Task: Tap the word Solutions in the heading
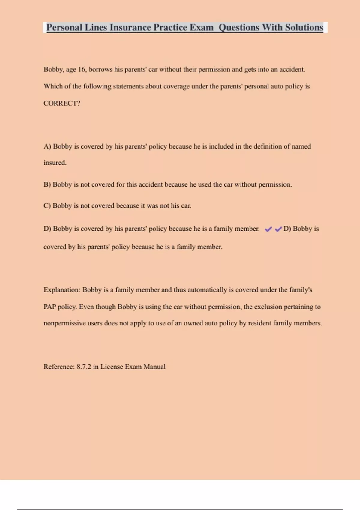(304, 27)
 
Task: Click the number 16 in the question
(82, 70)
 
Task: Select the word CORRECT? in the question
(62, 103)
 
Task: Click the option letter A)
(47, 146)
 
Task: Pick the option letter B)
(47, 184)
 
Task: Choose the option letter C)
(47, 206)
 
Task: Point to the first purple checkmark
(268, 229)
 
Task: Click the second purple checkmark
(278, 229)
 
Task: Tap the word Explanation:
(62, 290)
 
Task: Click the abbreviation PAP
(49, 307)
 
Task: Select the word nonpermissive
(64, 323)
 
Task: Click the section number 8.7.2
(84, 367)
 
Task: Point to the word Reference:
(59, 367)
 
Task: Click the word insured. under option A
(55, 163)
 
